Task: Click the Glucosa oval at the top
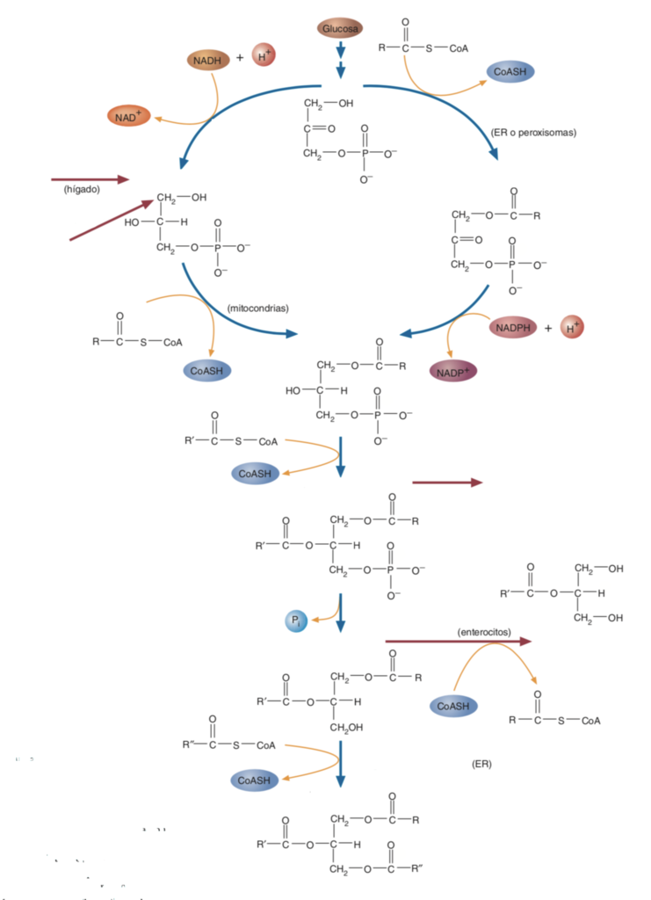pyautogui.click(x=340, y=29)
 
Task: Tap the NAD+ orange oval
pyautogui.click(x=129, y=115)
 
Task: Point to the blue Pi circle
pyautogui.click(x=295, y=621)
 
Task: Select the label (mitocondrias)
pyautogui.click(x=257, y=308)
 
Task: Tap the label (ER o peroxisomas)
pyautogui.click(x=533, y=134)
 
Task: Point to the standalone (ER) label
pyautogui.click(x=481, y=764)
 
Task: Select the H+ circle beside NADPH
pyautogui.click(x=572, y=328)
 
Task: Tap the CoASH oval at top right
pyautogui.click(x=511, y=71)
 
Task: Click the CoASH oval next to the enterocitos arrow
pyautogui.click(x=454, y=705)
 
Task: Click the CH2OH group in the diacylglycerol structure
pyautogui.click(x=347, y=727)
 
